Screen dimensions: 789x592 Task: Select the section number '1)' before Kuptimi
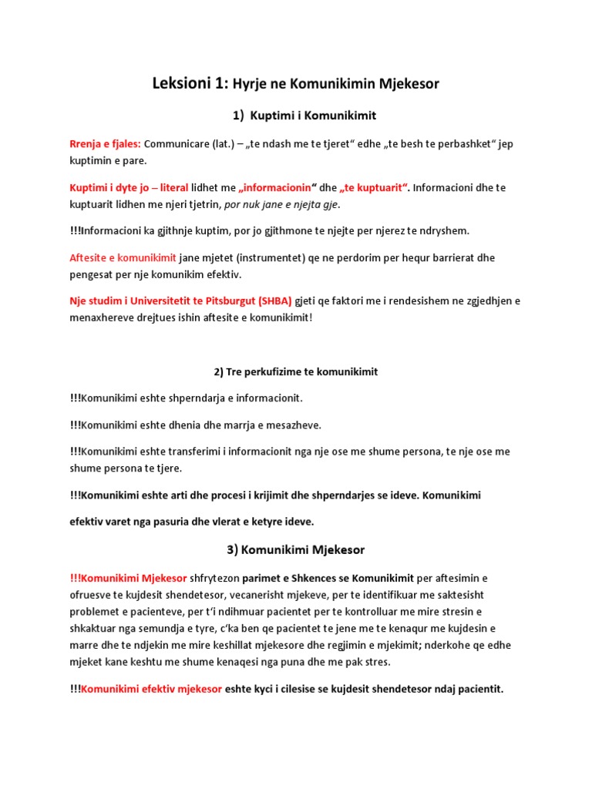point(239,116)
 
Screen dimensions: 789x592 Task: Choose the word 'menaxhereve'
point(101,317)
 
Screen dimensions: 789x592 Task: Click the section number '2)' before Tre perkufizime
point(219,372)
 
